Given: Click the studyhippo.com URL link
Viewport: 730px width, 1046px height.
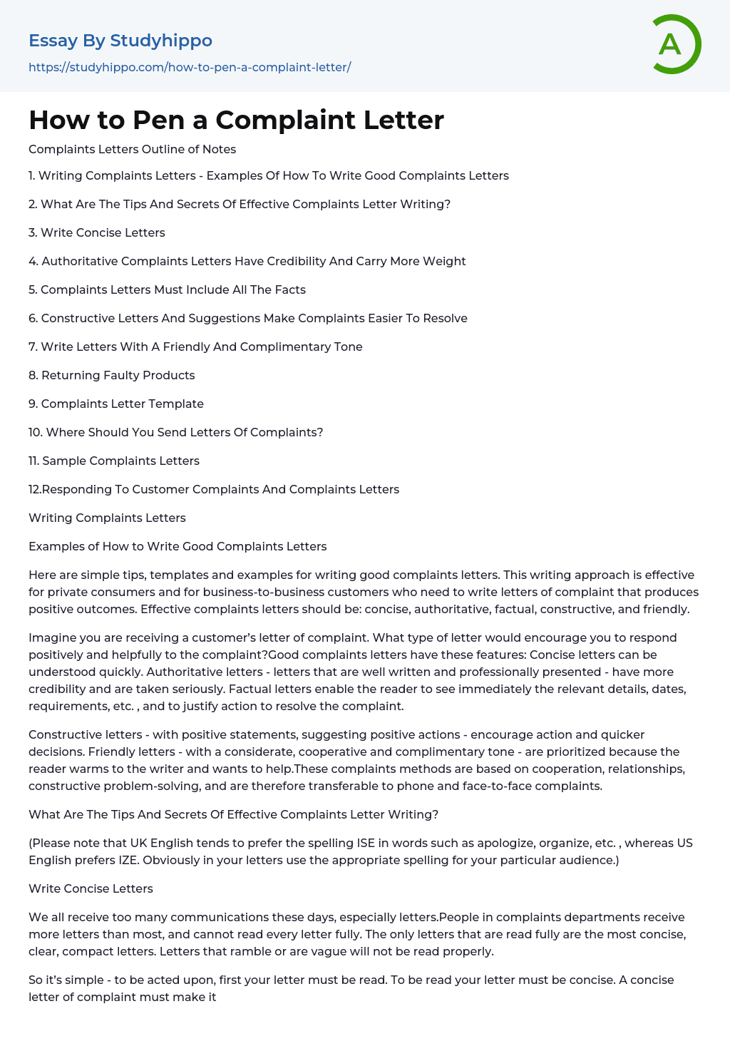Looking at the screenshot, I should tap(190, 67).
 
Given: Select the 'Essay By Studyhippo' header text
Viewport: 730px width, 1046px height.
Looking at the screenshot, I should tap(120, 41).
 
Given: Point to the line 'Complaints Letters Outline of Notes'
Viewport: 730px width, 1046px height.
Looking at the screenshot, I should tap(132, 149).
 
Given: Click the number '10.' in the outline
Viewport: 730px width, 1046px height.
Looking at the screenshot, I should tap(36, 432).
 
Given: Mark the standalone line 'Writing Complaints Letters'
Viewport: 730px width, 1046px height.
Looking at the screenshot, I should tap(107, 518).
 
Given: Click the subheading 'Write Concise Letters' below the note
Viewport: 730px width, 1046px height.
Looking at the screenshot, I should tap(91, 888).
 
